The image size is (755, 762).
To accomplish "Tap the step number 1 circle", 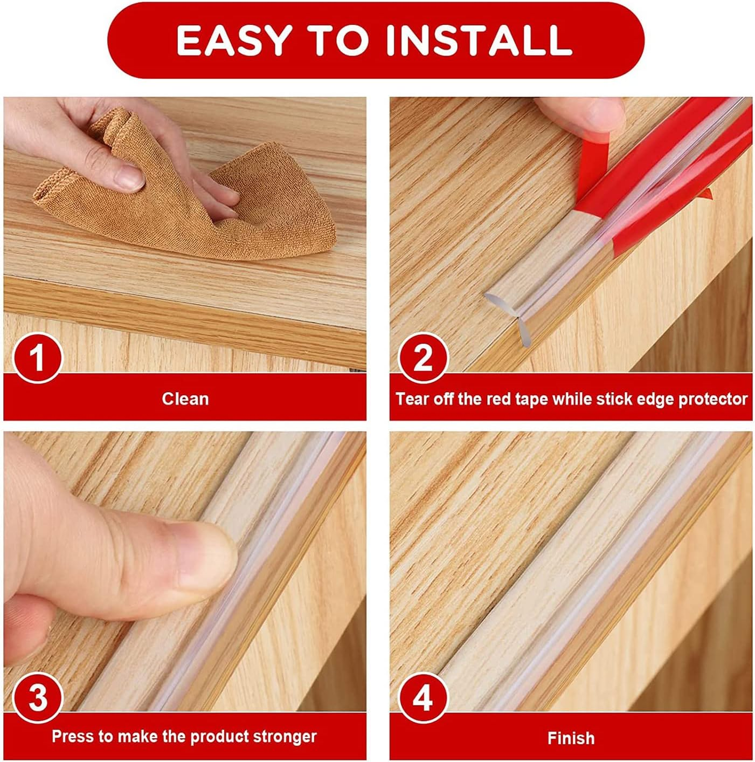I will (37, 358).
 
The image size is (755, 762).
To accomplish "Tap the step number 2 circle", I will (423, 358).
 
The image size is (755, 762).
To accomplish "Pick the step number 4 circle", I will (423, 698).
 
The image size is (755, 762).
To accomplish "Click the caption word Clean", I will (185, 399).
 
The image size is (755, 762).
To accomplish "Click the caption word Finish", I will (571, 738).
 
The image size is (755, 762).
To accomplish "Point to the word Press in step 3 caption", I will (73, 737).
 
